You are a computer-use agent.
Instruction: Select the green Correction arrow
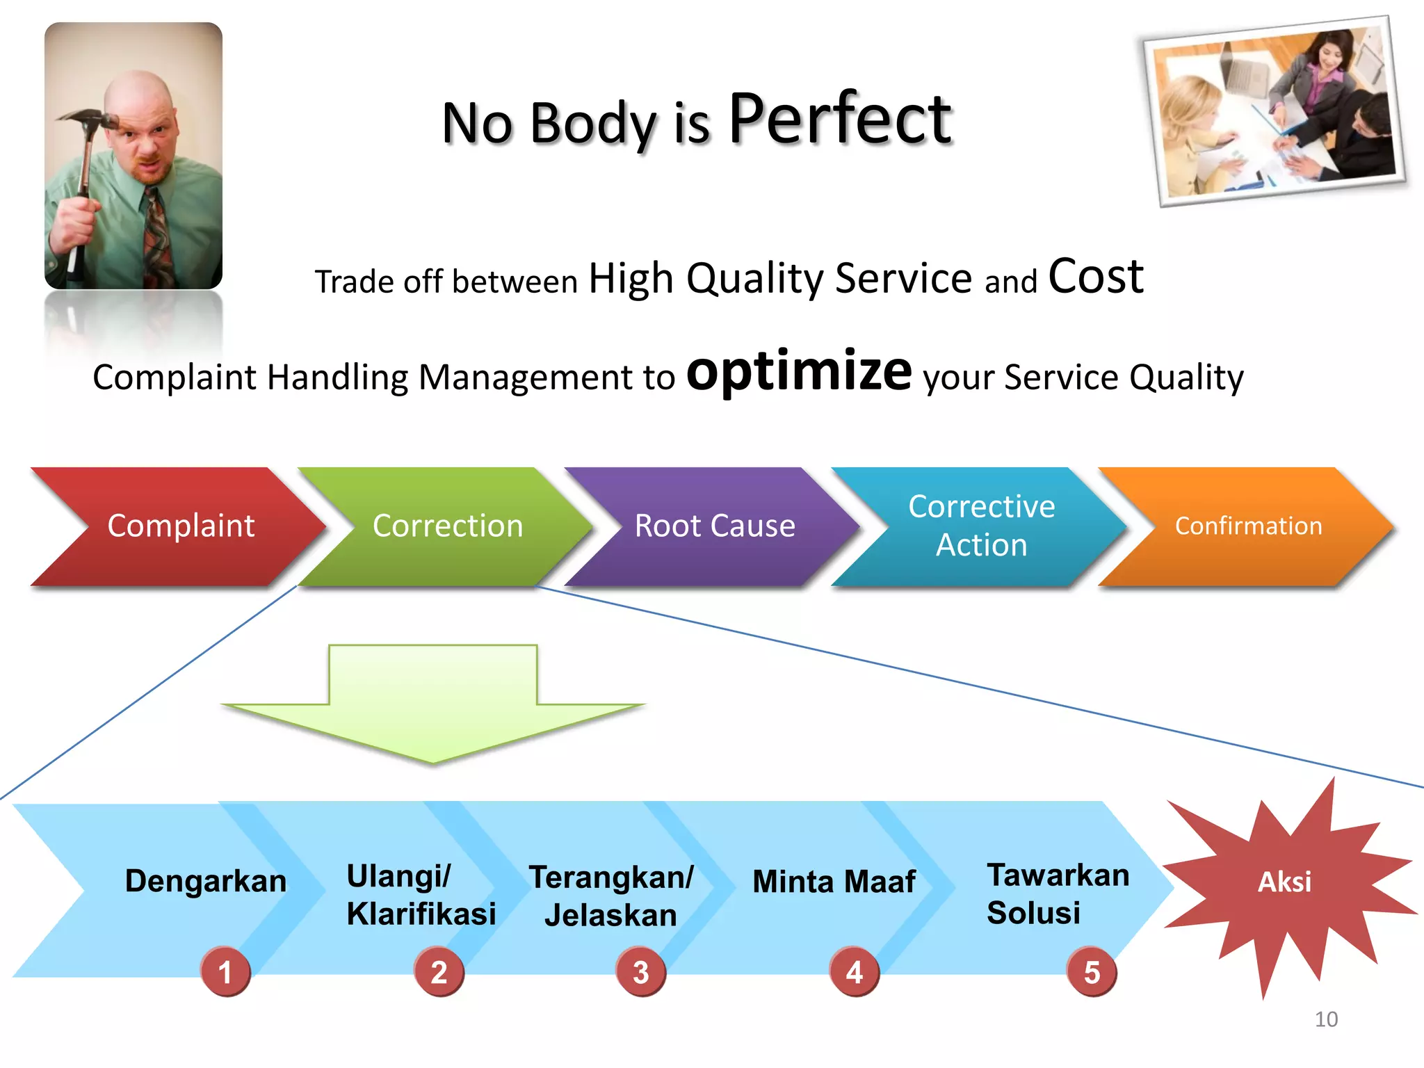coord(445,526)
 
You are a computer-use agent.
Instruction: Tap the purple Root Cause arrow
coord(713,526)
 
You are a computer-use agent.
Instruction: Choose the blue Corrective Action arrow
coord(980,526)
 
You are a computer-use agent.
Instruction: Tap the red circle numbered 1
coord(225,972)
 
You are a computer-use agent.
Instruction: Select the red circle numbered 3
coord(640,972)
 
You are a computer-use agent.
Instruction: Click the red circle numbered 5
coord(1092,972)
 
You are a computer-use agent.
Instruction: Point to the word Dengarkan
coord(205,881)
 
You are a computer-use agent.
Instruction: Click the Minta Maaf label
coord(834,882)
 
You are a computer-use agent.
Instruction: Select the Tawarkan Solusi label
coord(1057,894)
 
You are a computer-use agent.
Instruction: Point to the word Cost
coord(1095,277)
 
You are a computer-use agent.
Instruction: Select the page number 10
coord(1326,1019)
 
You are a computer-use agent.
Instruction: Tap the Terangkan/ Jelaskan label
coord(610,896)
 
